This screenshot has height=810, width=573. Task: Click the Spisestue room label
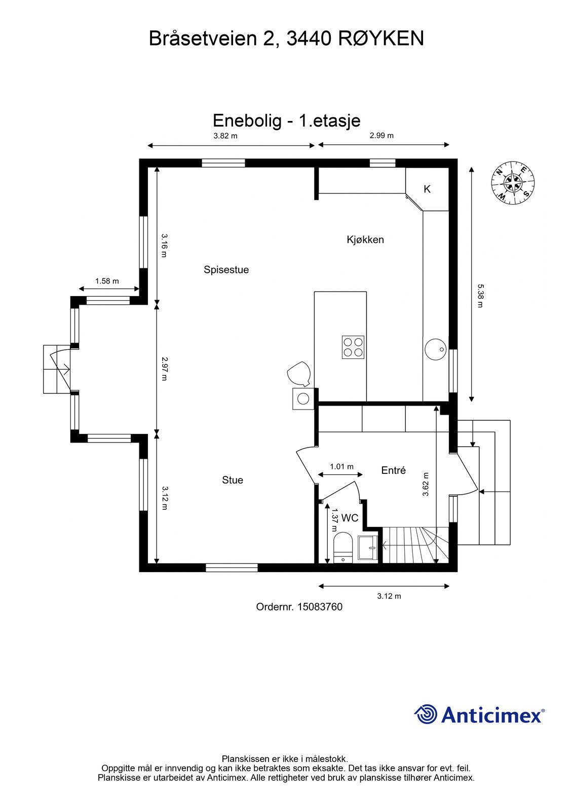click(x=226, y=270)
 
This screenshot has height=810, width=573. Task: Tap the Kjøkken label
click(x=365, y=240)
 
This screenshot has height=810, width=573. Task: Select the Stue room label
click(x=233, y=480)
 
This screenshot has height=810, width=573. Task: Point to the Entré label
click(x=394, y=470)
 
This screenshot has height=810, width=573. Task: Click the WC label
click(x=350, y=518)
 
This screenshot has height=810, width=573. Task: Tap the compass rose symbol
click(x=513, y=183)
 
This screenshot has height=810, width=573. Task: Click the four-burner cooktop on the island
click(x=353, y=347)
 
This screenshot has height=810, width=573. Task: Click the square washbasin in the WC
click(x=368, y=548)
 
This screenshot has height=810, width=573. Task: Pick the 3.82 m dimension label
click(x=225, y=136)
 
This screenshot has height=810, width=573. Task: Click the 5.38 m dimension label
click(x=480, y=296)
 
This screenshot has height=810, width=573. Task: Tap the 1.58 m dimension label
click(x=107, y=281)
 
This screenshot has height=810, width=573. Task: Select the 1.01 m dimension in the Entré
click(x=341, y=466)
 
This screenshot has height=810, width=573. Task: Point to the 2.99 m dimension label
click(x=381, y=136)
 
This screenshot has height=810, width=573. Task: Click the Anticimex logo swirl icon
click(x=426, y=714)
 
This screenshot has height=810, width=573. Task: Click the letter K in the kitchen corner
click(x=427, y=189)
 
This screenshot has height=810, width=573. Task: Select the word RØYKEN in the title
click(x=381, y=38)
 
